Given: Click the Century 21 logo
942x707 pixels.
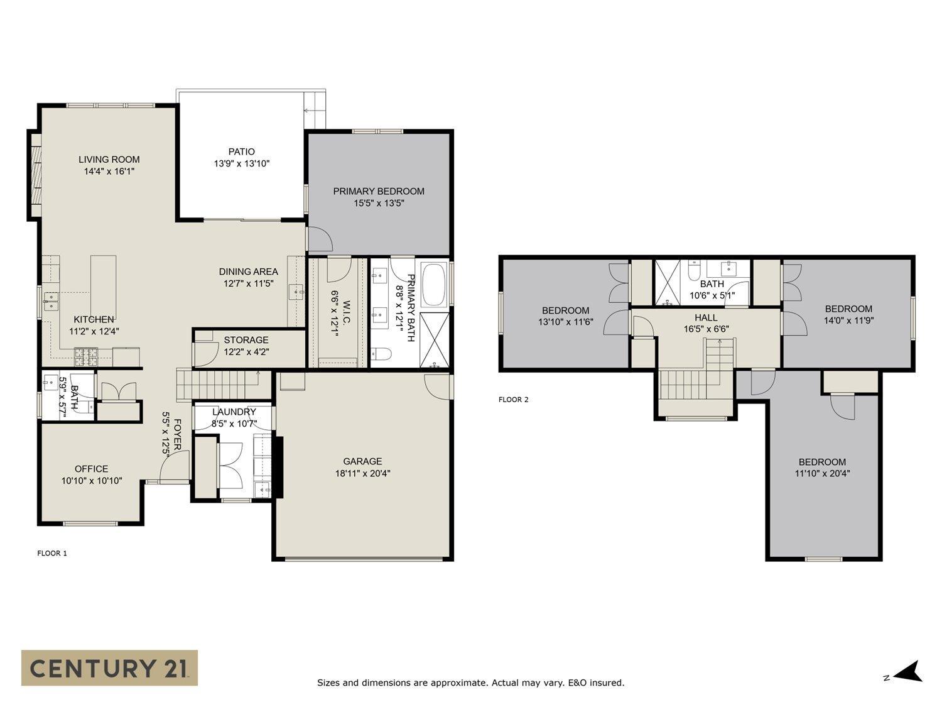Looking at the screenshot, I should coord(109,667).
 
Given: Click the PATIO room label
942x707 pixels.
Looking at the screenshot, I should coord(241,151).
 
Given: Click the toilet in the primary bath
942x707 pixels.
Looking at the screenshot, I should coord(381,355).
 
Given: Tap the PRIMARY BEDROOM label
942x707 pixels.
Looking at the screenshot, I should coord(378,191).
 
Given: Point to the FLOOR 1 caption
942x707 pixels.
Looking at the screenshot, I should coord(52,553).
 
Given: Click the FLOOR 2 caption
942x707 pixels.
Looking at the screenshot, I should coord(513,399).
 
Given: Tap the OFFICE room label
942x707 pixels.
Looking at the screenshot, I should coord(91,469).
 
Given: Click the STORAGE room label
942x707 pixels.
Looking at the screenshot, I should coord(246,340).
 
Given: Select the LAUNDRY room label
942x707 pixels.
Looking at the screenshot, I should coord(234,412).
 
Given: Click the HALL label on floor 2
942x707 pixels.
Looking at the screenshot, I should coord(706,317).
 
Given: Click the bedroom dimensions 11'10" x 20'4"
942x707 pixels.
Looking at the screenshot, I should coord(822,473).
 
